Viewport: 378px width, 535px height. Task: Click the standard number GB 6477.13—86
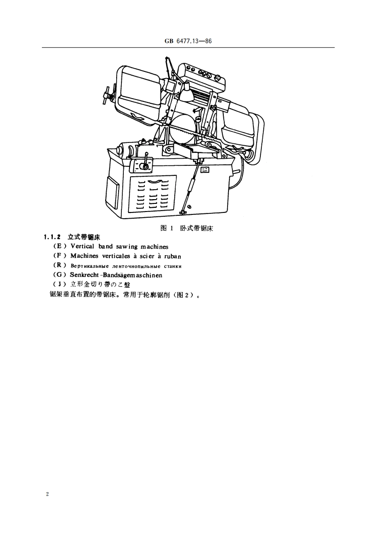[189, 41]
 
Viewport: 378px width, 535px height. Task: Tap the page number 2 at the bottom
[48, 494]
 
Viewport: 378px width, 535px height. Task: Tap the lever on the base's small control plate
[144, 161]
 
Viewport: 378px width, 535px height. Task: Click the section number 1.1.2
[52, 237]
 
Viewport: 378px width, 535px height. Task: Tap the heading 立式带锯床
[84, 237]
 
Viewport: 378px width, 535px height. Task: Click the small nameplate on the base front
[205, 169]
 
